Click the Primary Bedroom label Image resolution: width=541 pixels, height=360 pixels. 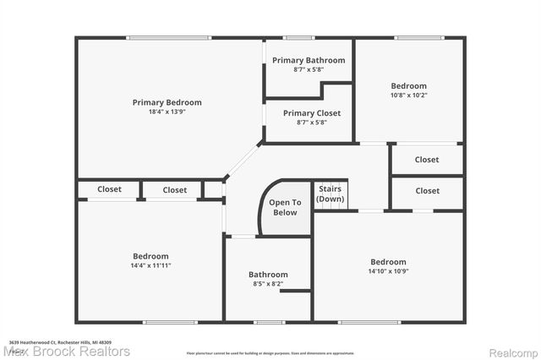click(x=167, y=102)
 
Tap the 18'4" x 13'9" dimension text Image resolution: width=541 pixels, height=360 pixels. click(x=167, y=112)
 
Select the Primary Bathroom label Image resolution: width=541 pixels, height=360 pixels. click(x=308, y=60)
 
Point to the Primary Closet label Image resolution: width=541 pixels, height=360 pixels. click(x=311, y=113)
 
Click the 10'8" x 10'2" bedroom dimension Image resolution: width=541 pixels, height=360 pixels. click(x=408, y=95)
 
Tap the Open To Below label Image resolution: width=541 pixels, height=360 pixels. click(x=285, y=207)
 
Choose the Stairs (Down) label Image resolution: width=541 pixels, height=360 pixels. click(x=330, y=194)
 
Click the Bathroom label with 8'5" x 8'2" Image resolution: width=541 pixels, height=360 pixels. click(x=268, y=275)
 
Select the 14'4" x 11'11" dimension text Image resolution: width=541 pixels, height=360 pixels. click(x=150, y=265)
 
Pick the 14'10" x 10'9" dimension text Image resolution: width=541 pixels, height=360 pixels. click(x=387, y=271)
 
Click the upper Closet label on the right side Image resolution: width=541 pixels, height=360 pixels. click(x=427, y=160)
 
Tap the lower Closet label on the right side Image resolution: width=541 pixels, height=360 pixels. click(x=427, y=191)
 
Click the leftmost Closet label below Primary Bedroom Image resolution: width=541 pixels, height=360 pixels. click(x=109, y=189)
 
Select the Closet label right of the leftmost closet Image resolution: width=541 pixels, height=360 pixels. click(x=175, y=190)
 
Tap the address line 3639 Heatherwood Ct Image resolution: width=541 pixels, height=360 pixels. click(x=60, y=342)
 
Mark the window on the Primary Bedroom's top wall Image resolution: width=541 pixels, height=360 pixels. click(x=168, y=37)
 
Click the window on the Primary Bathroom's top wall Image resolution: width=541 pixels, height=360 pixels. click(x=298, y=37)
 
